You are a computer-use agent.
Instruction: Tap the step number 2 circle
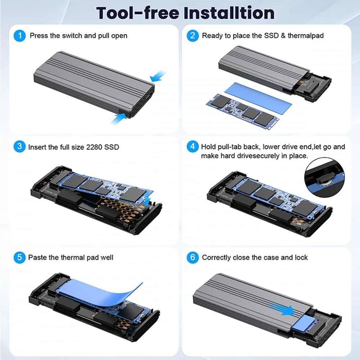[193, 36]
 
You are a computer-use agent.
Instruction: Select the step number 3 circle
[19, 147]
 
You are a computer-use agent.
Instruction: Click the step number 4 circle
[193, 147]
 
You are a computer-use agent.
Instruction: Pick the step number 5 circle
[19, 257]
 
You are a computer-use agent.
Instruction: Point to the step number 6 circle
[193, 257]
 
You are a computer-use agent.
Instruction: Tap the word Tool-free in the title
[137, 13]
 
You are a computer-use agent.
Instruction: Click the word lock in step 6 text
[301, 257]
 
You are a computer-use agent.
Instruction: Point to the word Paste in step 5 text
[38, 257]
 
